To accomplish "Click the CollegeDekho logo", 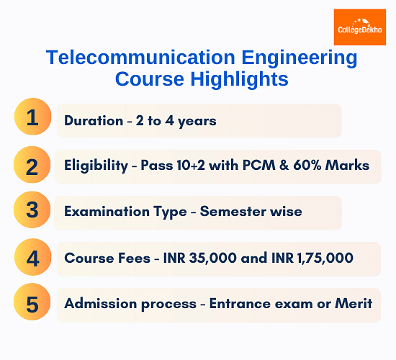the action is pyautogui.click(x=359, y=27).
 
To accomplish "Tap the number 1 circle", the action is pyautogui.click(x=33, y=117).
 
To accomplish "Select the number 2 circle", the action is pyautogui.click(x=32, y=165).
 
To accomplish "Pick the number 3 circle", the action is pyautogui.click(x=32, y=210).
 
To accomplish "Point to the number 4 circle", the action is pyautogui.click(x=33, y=257).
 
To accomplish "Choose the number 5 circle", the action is pyautogui.click(x=32, y=302).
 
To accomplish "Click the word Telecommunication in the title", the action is pyautogui.click(x=140, y=58).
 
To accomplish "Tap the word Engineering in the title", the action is pyautogui.click(x=300, y=58).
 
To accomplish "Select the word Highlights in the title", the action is pyautogui.click(x=240, y=79).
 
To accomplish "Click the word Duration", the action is pyautogui.click(x=94, y=120).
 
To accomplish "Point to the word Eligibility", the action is pyautogui.click(x=96, y=166).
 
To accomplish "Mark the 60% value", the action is pyautogui.click(x=307, y=165).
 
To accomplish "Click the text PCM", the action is pyautogui.click(x=259, y=165).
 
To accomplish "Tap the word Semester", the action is pyautogui.click(x=233, y=211).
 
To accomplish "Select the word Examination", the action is pyautogui.click(x=107, y=211).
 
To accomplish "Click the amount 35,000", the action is pyautogui.click(x=212, y=258).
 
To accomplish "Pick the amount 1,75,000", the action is pyautogui.click(x=325, y=258).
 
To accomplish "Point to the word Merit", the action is pyautogui.click(x=354, y=303).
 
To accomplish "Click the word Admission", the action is pyautogui.click(x=101, y=303).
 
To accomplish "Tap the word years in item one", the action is pyautogui.click(x=197, y=122).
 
